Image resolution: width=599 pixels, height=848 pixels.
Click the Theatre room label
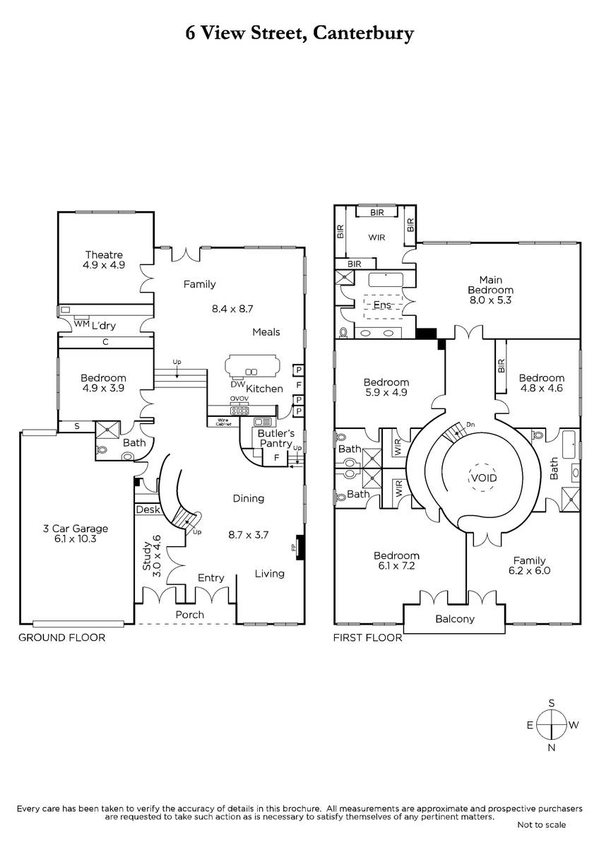pyautogui.click(x=104, y=255)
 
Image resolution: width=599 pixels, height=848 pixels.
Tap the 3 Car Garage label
pyautogui.click(x=76, y=529)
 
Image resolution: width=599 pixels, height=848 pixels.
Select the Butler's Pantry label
pyautogui.click(x=276, y=438)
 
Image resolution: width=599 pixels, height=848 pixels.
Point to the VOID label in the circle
pyautogui.click(x=484, y=478)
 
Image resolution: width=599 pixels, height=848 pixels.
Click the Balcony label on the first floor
pyautogui.click(x=454, y=618)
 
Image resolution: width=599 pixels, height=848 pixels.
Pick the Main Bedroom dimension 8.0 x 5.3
pyautogui.click(x=490, y=300)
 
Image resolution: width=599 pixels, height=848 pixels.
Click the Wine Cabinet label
pyautogui.click(x=223, y=422)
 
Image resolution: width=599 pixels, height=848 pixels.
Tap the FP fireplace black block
pyautogui.click(x=300, y=547)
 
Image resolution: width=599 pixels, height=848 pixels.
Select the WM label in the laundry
pyautogui.click(x=81, y=324)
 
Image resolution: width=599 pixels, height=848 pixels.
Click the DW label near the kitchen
pyautogui.click(x=237, y=384)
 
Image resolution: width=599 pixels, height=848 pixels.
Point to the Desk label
pyautogui.click(x=148, y=510)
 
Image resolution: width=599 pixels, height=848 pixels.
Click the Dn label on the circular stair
pyautogui.click(x=470, y=425)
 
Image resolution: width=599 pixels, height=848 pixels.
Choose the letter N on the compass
pyautogui.click(x=552, y=748)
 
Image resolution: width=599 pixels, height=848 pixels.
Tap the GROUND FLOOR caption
pyautogui.click(x=61, y=637)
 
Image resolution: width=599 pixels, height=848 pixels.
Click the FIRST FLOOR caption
pyautogui.click(x=367, y=637)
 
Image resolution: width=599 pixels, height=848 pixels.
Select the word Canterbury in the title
pyautogui.click(x=363, y=34)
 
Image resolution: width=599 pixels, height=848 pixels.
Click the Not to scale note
pyautogui.click(x=541, y=824)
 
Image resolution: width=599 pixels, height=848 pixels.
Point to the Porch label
pyautogui.click(x=189, y=614)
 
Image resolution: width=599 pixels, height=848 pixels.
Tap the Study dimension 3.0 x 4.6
pyautogui.click(x=157, y=555)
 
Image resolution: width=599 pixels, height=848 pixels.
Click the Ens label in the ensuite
pyautogui.click(x=382, y=305)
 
